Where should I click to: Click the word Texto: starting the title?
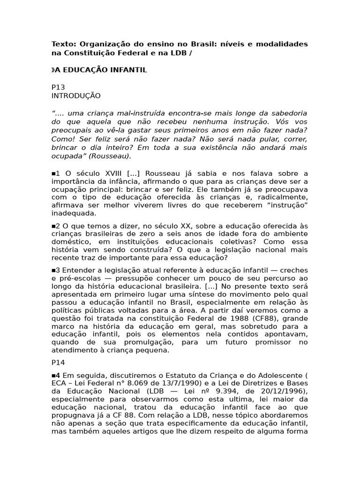coord(63,44)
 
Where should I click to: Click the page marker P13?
coord(58,87)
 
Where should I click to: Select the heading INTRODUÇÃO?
coord(76,96)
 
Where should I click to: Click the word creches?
coord(294,270)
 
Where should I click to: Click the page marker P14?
coord(58,363)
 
